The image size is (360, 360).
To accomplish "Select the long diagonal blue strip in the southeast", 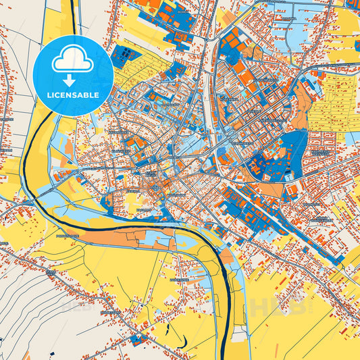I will pyautogui.click(x=297, y=224).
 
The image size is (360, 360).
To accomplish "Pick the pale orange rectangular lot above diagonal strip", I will pyautogui.click(x=270, y=190).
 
